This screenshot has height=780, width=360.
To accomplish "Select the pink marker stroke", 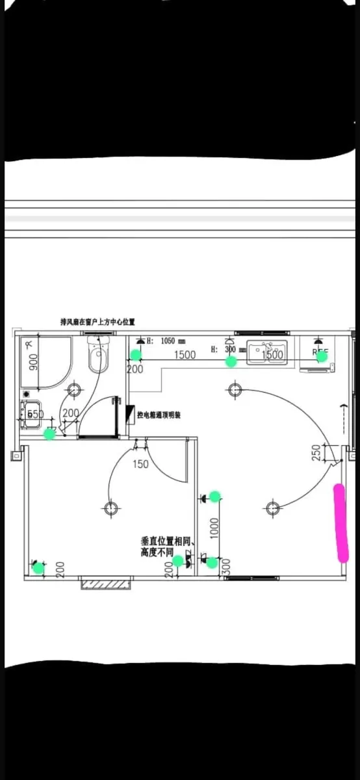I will coord(340,523).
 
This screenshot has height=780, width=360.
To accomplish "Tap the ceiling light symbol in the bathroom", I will coord(74,390).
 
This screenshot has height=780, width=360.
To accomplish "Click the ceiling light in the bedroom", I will coord(112,507).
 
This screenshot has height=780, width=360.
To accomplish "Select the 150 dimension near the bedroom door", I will coord(140,464).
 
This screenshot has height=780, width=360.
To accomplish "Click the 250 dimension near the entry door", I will coord(316,453).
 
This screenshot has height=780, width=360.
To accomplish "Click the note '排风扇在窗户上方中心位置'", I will coord(97,322).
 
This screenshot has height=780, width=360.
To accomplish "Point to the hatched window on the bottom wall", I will coord(105,583).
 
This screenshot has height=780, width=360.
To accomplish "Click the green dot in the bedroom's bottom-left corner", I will coord(38,567).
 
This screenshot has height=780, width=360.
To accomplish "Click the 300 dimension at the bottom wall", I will coord(225,567).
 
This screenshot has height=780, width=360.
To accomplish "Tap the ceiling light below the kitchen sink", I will coord(235,390).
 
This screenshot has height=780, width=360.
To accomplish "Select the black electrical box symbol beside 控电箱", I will coord(130,413).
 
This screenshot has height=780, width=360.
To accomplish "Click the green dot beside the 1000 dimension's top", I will coord(214,497).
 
